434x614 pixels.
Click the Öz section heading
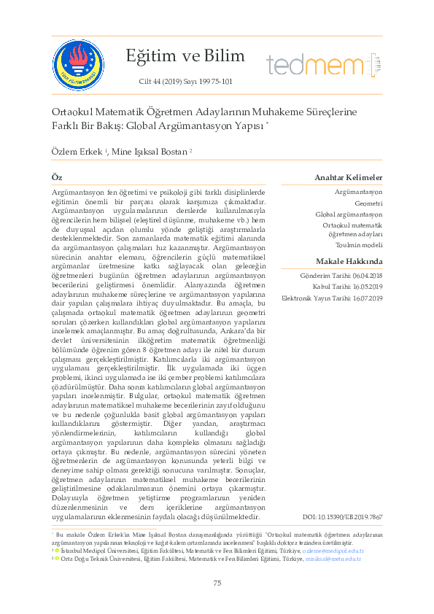56,178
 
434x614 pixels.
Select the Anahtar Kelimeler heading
348,178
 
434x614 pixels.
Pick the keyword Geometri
368,204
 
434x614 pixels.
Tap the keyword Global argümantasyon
349,214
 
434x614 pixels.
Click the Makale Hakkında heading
349,261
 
